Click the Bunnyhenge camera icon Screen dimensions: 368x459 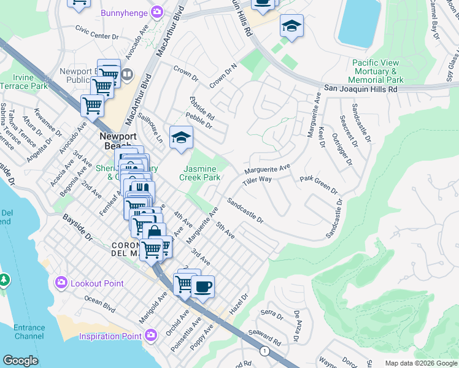(158, 12)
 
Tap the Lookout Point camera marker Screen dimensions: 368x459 (61, 283)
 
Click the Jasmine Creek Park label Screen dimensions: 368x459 (199, 173)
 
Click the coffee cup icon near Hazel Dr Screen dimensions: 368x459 (202, 286)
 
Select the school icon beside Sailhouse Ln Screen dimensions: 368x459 (181, 137)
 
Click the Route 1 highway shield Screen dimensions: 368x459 (264, 351)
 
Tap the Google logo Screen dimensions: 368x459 (21, 360)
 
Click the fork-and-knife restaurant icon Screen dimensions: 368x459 (142, 188)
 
